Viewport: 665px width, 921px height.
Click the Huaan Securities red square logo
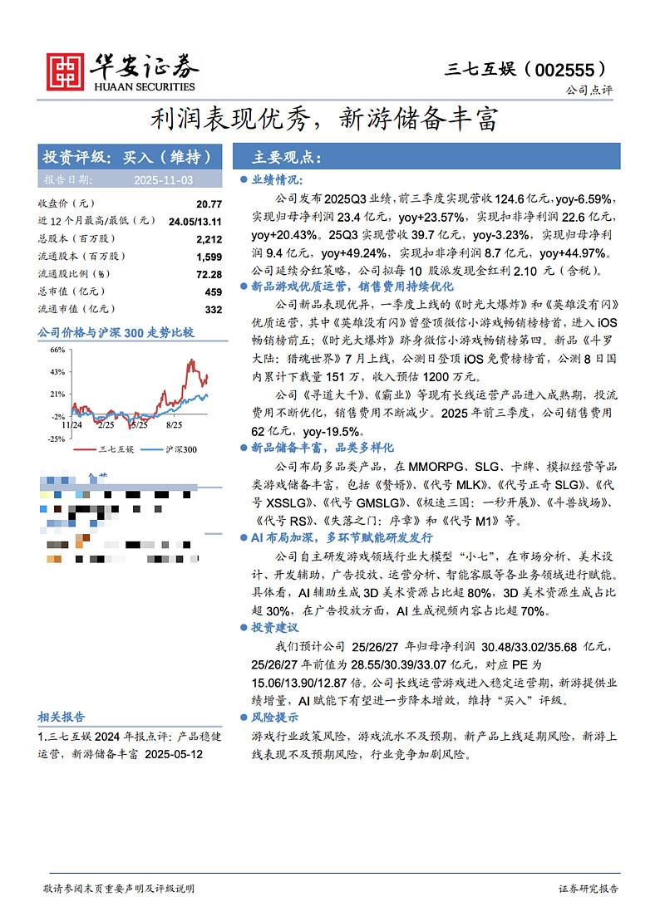click(65, 72)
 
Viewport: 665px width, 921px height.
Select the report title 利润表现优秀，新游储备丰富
click(324, 120)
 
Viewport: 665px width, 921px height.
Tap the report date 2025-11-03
click(164, 179)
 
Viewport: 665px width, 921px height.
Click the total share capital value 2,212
click(209, 239)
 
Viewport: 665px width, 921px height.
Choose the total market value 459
click(214, 291)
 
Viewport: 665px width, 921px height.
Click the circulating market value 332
click(214, 309)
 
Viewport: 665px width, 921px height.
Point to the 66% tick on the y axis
click(57, 350)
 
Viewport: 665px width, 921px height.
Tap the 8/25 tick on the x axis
click(175, 424)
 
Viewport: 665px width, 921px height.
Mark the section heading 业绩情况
click(277, 179)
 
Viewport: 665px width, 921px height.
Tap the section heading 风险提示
click(277, 717)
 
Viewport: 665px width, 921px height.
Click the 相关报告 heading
click(62, 717)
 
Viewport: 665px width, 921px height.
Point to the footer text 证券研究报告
click(589, 889)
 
